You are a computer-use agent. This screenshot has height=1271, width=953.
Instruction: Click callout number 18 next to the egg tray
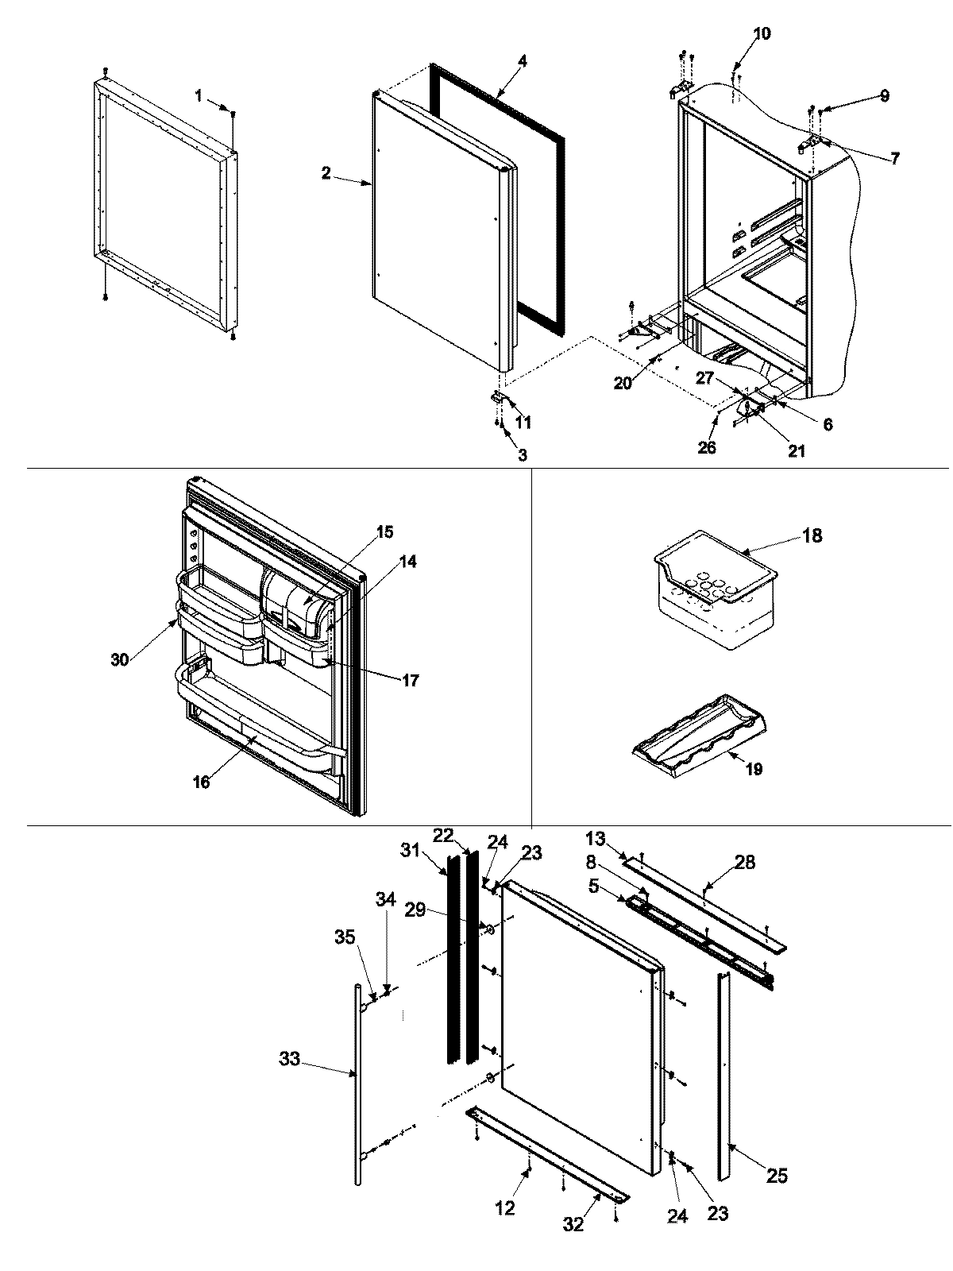(x=812, y=535)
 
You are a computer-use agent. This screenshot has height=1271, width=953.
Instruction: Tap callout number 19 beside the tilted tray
(x=754, y=769)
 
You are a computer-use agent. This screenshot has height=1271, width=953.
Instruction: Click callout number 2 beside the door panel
(x=326, y=173)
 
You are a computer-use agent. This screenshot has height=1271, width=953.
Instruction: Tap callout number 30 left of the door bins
(x=119, y=659)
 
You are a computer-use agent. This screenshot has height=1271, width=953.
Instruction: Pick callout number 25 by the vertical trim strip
(x=777, y=1175)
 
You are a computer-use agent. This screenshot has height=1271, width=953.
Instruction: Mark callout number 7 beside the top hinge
(x=894, y=158)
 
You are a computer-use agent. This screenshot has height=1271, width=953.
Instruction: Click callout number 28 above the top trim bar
(x=745, y=862)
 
